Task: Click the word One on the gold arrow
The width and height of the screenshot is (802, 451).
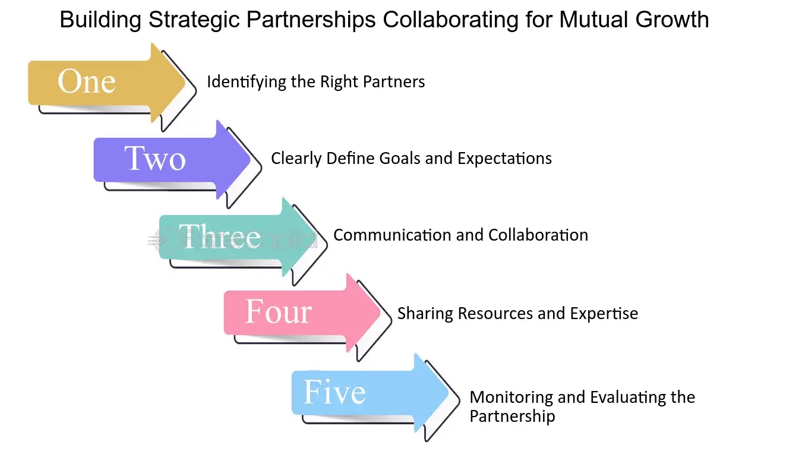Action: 87,81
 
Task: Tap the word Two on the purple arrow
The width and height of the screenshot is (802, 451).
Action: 155,158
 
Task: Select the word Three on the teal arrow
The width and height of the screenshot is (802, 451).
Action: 220,236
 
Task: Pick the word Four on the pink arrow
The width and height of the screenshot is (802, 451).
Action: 279,311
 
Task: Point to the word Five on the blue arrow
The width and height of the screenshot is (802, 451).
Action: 334,392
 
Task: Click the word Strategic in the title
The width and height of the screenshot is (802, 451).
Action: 194,20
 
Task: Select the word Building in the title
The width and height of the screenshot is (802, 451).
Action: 100,20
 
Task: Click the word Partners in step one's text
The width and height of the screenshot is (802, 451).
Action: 394,81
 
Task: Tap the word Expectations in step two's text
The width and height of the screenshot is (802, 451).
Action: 504,159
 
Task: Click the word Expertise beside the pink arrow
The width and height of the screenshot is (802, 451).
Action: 604,314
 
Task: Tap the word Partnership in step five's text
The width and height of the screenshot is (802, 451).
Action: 512,417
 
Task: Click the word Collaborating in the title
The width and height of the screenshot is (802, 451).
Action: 450,20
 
